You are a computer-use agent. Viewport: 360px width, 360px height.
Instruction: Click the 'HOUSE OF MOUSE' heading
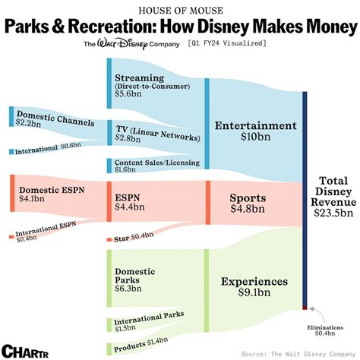point(180,9)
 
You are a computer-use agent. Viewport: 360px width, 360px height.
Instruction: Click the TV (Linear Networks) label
point(156,131)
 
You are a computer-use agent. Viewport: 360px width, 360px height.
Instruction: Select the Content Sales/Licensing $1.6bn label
point(156,166)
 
